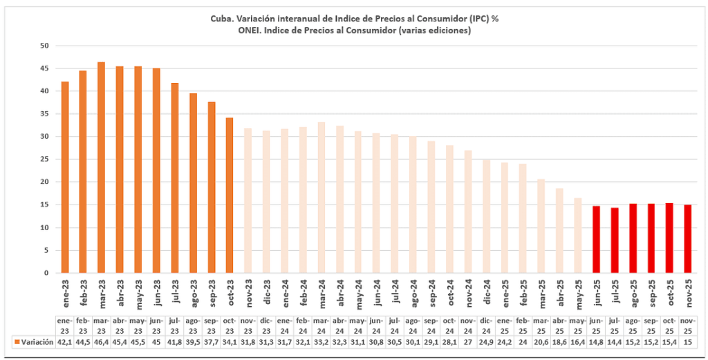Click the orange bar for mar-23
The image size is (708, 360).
point(101,167)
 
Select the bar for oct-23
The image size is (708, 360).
point(230,195)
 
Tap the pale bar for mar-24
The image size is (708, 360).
point(322,197)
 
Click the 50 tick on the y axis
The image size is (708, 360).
point(44,46)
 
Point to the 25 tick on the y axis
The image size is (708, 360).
point(44,160)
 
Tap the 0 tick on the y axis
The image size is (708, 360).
point(46,273)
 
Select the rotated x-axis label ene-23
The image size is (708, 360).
point(65,294)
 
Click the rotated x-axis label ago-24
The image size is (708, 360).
point(413,294)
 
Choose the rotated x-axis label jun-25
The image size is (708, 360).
point(597,294)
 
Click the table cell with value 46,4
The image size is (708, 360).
point(101,342)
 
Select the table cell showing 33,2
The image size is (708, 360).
point(322,342)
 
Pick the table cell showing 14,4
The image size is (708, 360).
point(615,342)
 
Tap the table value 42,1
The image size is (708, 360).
point(64,342)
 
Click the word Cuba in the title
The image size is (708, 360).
point(222,19)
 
